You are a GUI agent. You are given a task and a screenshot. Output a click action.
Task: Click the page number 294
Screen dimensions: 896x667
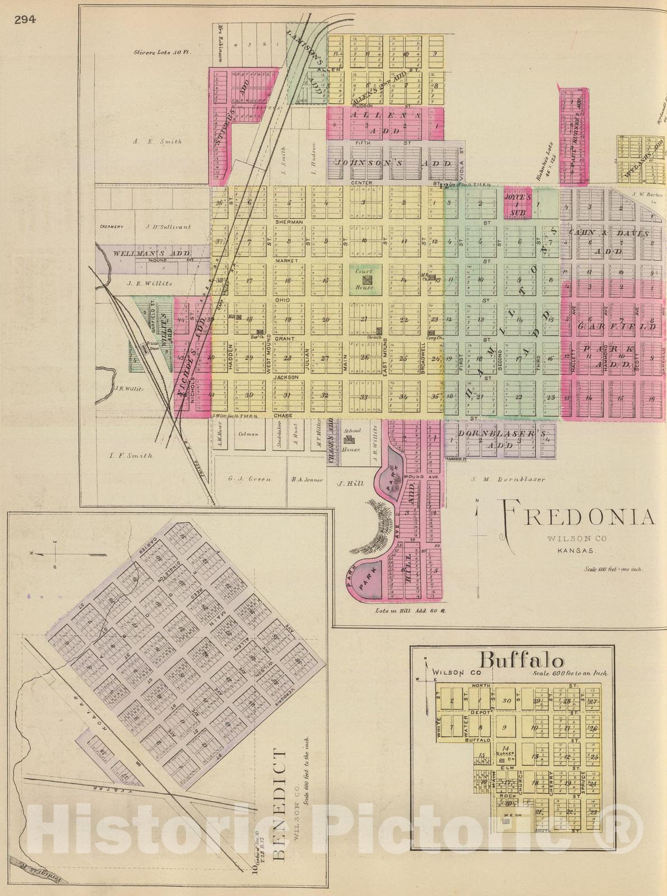[x=25, y=20]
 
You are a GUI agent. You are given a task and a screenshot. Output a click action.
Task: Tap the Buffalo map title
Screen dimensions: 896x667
[x=515, y=661]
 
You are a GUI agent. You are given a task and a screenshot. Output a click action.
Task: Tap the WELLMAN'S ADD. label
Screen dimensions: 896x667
[x=152, y=253]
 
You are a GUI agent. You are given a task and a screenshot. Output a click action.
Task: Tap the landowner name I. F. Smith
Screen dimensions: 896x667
[x=131, y=455]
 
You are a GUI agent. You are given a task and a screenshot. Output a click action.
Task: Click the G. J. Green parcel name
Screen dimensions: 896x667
[x=249, y=479]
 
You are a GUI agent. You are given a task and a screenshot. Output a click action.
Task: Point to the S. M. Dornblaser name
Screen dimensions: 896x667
[x=508, y=479]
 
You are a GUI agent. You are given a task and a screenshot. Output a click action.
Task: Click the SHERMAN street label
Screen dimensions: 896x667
[x=289, y=222]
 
